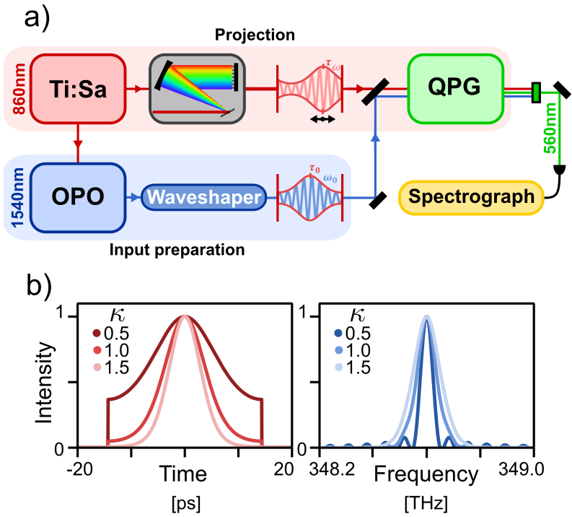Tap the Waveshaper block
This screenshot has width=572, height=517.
[203, 196]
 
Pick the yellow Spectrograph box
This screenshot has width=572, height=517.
[472, 196]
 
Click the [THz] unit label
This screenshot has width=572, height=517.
[426, 500]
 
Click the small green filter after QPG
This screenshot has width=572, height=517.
[535, 92]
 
